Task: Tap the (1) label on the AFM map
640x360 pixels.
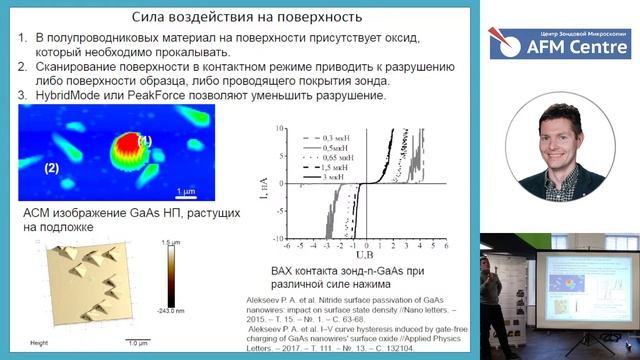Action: (x=144, y=140)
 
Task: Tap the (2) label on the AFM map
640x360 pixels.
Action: (x=52, y=167)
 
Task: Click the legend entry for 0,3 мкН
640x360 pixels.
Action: (x=320, y=134)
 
